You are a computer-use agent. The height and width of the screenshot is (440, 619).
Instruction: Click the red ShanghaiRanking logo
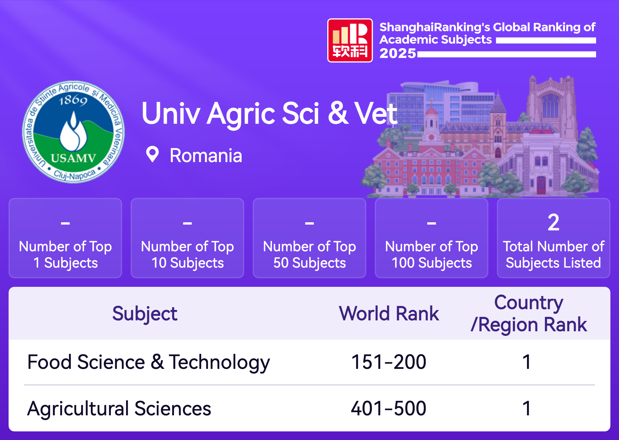pos(350,40)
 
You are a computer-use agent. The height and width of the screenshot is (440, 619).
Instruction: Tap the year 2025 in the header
pos(398,53)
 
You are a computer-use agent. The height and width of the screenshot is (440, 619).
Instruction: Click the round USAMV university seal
pos(73,132)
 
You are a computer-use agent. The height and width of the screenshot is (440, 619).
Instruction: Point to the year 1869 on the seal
pos(73,100)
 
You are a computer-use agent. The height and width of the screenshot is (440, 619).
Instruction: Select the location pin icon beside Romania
pos(152,154)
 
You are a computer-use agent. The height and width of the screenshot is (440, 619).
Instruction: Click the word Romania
pos(206,156)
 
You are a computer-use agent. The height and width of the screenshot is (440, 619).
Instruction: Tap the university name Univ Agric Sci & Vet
pos(269,114)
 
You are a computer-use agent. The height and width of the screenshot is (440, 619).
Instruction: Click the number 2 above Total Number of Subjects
pos(553,222)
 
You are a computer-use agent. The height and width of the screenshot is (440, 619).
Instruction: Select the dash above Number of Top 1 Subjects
pos(65,223)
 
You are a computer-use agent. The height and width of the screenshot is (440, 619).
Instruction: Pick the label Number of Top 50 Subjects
pos(309,255)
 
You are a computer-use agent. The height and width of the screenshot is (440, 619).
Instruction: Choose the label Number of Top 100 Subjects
pos(432,255)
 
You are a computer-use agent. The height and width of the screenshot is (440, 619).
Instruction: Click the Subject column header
pos(145,314)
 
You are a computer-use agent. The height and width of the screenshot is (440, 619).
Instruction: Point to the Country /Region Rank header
pos(529,314)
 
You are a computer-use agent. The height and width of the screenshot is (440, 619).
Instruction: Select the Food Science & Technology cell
pos(148,362)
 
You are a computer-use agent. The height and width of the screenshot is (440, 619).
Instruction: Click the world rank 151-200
pos(389,362)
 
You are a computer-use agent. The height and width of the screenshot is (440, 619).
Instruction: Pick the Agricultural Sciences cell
pos(119,409)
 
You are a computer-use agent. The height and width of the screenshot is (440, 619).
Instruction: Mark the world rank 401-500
pos(389,408)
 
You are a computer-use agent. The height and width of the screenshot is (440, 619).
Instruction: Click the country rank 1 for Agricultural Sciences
pos(527,408)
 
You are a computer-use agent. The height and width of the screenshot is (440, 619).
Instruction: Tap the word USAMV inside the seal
pos(73,158)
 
